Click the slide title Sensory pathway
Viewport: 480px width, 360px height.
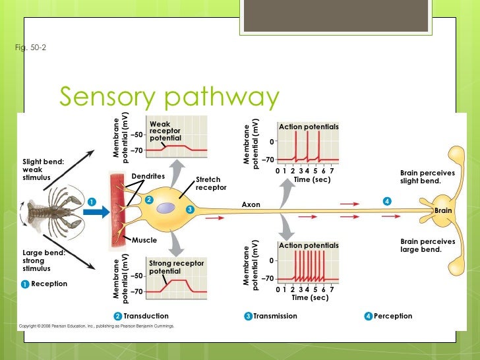(x=169, y=97)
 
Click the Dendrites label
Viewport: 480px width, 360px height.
(x=148, y=176)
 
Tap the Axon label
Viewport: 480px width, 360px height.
(x=251, y=205)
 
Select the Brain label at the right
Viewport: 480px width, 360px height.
(x=443, y=210)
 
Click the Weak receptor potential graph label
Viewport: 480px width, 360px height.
(x=165, y=131)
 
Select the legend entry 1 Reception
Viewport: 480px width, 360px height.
(x=44, y=284)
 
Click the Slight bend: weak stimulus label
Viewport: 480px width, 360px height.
(x=41, y=169)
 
